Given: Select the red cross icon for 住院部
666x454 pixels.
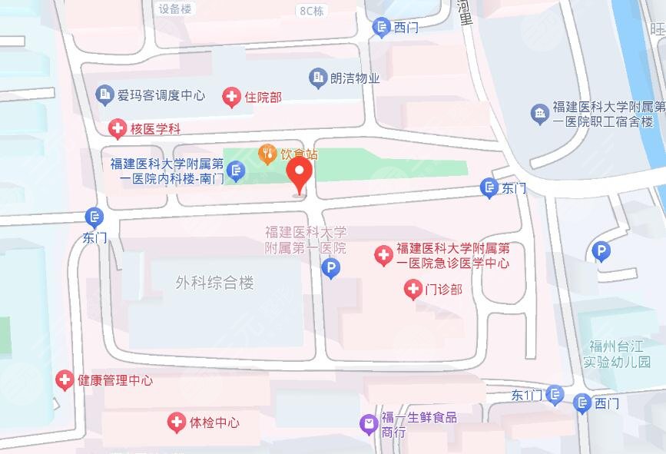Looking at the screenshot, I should coord(230,98).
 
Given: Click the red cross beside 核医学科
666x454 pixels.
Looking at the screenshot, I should coord(117,128).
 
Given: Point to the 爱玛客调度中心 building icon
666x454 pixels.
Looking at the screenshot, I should coord(104,95).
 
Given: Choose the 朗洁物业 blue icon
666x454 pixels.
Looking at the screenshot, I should coord(317,78).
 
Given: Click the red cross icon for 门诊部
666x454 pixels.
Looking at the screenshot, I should coord(413,290).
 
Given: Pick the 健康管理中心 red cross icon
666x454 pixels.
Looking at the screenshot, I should coord(65,379).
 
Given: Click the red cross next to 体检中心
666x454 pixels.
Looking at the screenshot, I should coord(177,422).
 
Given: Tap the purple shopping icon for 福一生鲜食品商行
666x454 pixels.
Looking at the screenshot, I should coord(369,422).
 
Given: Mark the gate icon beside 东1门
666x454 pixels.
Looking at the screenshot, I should coord(555,394).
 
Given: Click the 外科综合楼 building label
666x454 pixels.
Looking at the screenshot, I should coord(214,283).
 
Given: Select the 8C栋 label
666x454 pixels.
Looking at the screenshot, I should coord(310,10).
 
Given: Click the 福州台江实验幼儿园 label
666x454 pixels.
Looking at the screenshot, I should coord(616,353).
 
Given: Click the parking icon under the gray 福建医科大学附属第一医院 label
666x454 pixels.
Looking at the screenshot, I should coord(330,269).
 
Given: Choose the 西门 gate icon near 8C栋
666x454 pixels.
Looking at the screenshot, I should coord(381,28).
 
